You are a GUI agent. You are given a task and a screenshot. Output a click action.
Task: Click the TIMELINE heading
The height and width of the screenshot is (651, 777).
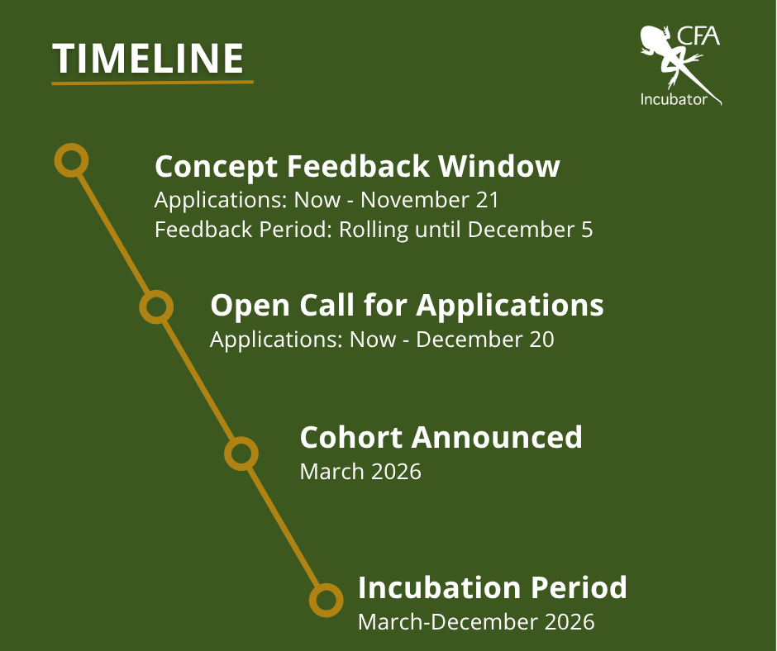[148, 59]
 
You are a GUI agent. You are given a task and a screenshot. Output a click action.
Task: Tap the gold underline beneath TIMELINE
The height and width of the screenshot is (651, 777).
[153, 83]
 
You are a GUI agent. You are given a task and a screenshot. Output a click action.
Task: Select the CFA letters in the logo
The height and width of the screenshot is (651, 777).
[698, 36]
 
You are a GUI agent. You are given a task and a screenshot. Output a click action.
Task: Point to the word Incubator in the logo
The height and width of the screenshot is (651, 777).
[674, 99]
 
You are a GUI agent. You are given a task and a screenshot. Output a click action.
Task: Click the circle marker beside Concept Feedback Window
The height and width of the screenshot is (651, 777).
[71, 160]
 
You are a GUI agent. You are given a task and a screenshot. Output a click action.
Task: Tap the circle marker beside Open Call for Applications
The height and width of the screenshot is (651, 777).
[156, 306]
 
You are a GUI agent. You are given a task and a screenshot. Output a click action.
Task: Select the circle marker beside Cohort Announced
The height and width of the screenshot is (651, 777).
[241, 454]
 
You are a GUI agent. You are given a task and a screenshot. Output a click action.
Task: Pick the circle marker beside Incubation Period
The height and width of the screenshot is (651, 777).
[326, 600]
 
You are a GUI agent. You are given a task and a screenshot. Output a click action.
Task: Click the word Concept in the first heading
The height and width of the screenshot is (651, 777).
[216, 167]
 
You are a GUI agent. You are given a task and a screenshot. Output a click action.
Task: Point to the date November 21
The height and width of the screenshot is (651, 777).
[429, 200]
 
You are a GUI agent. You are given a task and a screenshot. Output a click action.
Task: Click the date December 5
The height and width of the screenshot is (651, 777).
[530, 230]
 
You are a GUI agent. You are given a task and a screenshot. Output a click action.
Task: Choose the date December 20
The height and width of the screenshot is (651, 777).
[484, 340]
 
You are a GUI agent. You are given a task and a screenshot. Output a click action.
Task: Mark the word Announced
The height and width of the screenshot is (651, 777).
[497, 438]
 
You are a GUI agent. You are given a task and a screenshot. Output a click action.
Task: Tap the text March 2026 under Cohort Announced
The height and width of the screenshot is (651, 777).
[360, 472]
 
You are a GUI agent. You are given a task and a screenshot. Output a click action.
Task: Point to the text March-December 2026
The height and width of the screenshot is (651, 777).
[476, 622]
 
